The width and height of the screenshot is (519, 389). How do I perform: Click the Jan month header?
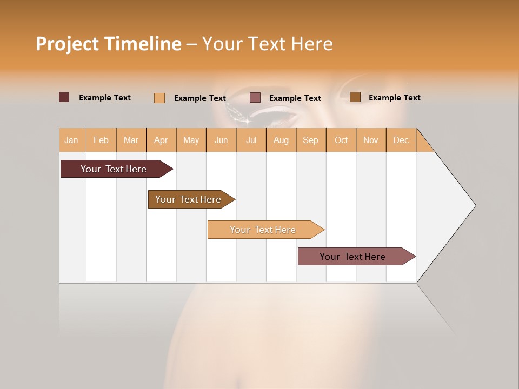[71, 140]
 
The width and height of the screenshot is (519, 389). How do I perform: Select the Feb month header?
[101, 140]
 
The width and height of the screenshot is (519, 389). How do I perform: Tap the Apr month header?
[161, 140]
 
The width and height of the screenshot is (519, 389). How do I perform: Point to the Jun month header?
[221, 140]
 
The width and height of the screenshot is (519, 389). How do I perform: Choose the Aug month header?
[281, 140]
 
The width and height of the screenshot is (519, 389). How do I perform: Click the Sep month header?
[310, 140]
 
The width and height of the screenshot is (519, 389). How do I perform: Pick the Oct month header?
[341, 140]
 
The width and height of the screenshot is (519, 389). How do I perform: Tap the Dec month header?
[401, 140]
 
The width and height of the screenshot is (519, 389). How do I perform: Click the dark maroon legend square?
[64, 97]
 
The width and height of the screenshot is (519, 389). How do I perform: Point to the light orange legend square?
[159, 98]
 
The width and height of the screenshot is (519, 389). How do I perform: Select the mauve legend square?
[255, 98]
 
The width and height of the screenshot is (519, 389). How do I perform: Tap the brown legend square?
[355, 97]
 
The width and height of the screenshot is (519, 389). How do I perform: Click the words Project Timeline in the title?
[108, 44]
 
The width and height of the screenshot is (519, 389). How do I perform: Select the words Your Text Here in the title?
[267, 44]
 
